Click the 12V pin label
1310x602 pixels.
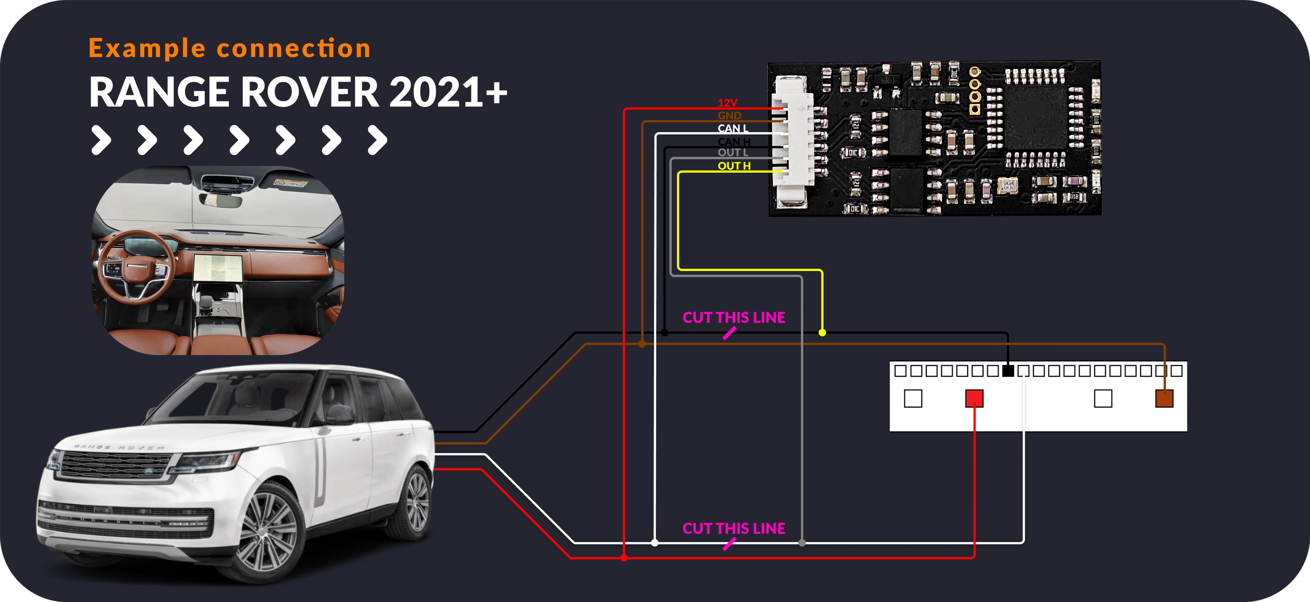727,102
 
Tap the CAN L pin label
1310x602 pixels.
733,128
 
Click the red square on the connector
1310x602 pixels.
974,398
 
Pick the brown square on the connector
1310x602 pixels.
1164,398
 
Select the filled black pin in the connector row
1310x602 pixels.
1007,371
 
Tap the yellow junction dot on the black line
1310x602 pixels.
822,333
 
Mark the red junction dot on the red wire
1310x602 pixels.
624,558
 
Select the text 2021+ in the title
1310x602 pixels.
448,92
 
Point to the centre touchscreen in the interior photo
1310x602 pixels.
218,267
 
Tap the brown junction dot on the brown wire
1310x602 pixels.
642,344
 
